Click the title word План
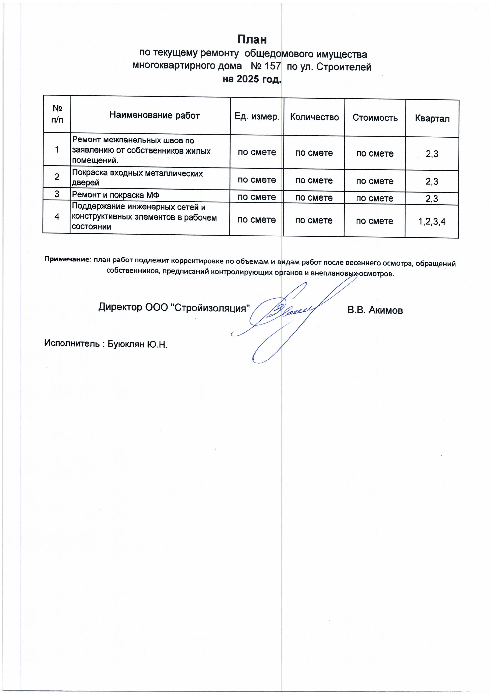(252, 40)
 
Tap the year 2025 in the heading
(248, 79)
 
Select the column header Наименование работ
(155, 115)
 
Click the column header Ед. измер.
(257, 117)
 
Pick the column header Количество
(314, 117)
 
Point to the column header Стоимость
(375, 118)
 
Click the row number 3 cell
(57, 194)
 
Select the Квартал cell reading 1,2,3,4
(432, 222)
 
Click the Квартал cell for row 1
(432, 154)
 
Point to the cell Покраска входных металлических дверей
(137, 178)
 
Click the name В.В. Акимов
(375, 311)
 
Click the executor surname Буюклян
(126, 344)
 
